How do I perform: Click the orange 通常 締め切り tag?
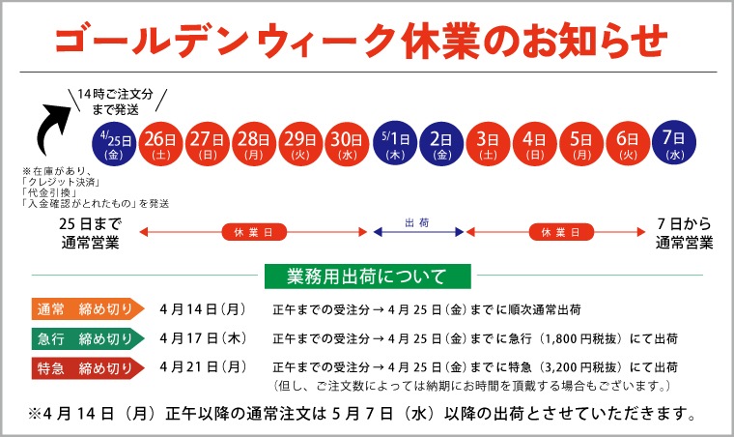pos(86,309)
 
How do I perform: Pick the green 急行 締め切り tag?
pos(86,338)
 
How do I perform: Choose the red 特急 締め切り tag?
pos(86,367)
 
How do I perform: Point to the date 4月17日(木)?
pos(203,338)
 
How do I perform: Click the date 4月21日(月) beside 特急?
pos(203,367)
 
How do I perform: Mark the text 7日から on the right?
pos(684,224)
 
